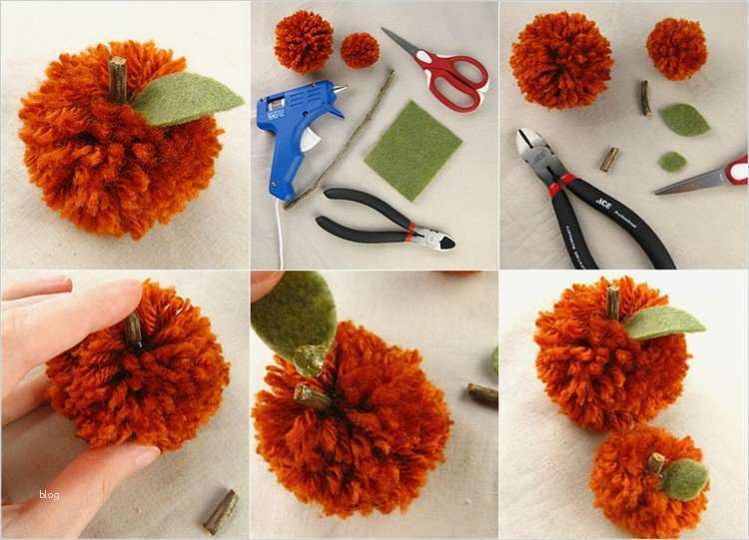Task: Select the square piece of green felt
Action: [412, 149]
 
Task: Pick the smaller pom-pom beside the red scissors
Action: [360, 50]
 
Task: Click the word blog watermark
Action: [50, 494]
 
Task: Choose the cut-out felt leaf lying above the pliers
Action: [685, 120]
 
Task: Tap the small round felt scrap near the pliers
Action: [672, 161]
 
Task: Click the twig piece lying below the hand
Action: [221, 510]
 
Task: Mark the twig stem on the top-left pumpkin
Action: [118, 79]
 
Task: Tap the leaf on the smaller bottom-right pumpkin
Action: [685, 478]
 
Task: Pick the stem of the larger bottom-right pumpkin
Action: [613, 300]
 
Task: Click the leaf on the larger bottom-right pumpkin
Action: [663, 320]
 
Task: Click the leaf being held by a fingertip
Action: [295, 315]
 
